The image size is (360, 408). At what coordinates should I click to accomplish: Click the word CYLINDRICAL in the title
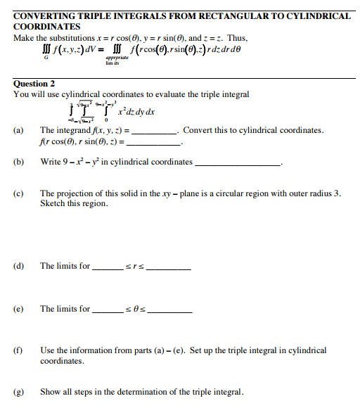pyautogui.click(x=312, y=15)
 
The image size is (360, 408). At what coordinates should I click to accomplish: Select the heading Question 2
pyautogui.click(x=34, y=84)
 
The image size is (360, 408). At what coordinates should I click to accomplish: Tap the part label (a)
pyautogui.click(x=18, y=131)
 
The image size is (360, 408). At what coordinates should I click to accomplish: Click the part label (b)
pyautogui.click(x=18, y=162)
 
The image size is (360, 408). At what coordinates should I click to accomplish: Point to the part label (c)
pyautogui.click(x=18, y=193)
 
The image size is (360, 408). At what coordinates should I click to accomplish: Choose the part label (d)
pyautogui.click(x=18, y=266)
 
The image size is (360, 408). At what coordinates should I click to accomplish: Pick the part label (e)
pyautogui.click(x=18, y=309)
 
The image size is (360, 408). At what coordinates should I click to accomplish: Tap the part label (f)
pyautogui.click(x=18, y=350)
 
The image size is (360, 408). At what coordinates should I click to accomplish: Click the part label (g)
pyautogui.click(x=18, y=392)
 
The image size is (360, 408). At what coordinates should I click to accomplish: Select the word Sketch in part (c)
pyautogui.click(x=53, y=203)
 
